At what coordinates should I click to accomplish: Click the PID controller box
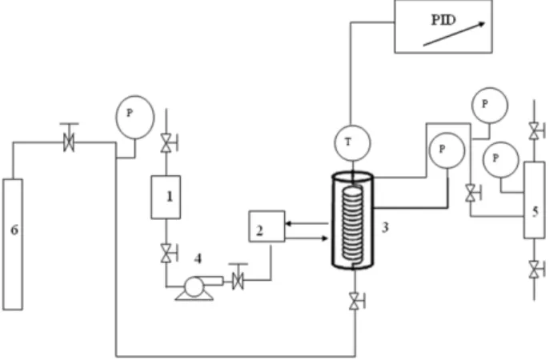(443, 26)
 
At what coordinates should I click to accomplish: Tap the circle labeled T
(352, 142)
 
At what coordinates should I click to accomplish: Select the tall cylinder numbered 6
(13, 244)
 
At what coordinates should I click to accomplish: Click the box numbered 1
(166, 198)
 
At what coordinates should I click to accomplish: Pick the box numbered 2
(266, 226)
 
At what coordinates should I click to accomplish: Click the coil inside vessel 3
(354, 226)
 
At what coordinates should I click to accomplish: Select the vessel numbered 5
(535, 200)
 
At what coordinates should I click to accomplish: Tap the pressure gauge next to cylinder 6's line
(134, 118)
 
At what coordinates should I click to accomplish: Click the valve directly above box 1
(166, 142)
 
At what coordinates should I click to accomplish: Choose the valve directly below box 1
(166, 253)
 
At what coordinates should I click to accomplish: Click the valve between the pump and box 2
(238, 280)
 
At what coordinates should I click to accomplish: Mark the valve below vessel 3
(355, 301)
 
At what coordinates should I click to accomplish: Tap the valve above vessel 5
(535, 131)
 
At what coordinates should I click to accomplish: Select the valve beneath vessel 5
(535, 270)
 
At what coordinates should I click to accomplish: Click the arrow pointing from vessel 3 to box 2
(307, 223)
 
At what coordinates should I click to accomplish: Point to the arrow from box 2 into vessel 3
(307, 238)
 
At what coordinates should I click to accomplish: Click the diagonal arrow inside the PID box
(454, 34)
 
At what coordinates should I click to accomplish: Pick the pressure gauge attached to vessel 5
(501, 159)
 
